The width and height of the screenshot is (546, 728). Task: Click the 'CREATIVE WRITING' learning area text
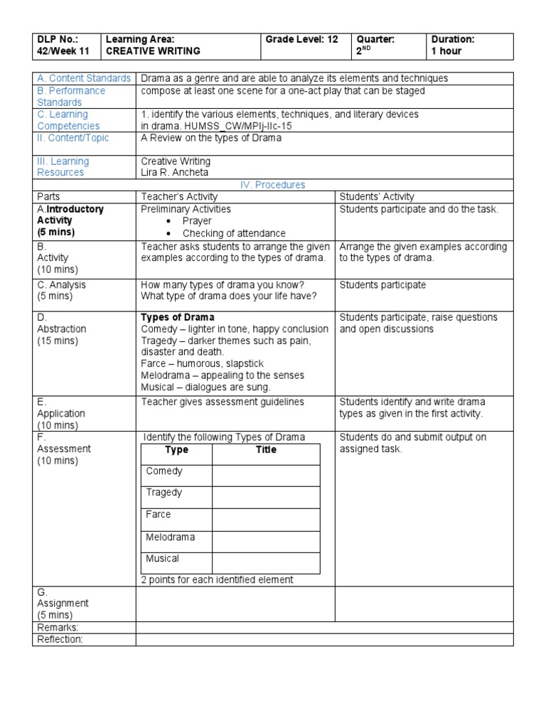[x=153, y=51]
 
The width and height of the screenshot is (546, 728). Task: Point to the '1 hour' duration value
[x=446, y=51]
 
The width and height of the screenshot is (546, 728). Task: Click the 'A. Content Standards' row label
[x=85, y=78]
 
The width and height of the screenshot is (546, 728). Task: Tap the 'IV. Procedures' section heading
[x=273, y=185]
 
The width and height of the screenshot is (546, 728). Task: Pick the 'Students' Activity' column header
[x=377, y=197]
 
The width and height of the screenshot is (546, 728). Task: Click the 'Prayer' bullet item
[x=197, y=221]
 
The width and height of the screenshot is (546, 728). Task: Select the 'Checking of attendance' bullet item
[x=234, y=233]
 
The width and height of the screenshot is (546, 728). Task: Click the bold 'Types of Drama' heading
[x=178, y=317]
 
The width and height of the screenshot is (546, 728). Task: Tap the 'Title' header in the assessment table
[x=266, y=450]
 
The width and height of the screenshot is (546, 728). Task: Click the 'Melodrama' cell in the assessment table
[x=170, y=537]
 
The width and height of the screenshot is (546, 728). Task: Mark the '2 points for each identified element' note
[x=217, y=579]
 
